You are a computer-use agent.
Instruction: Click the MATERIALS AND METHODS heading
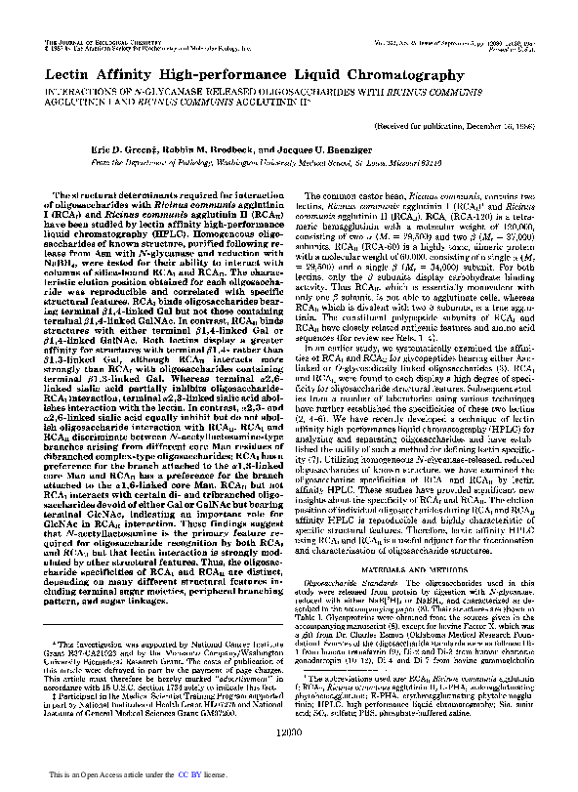(416, 514)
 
